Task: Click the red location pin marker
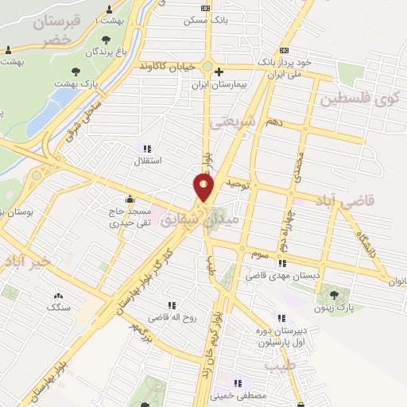click(x=203, y=188)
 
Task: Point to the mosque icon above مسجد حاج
click(x=130, y=199)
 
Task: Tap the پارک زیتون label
click(x=332, y=308)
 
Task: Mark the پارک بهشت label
click(x=76, y=82)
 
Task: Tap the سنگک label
click(x=59, y=306)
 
